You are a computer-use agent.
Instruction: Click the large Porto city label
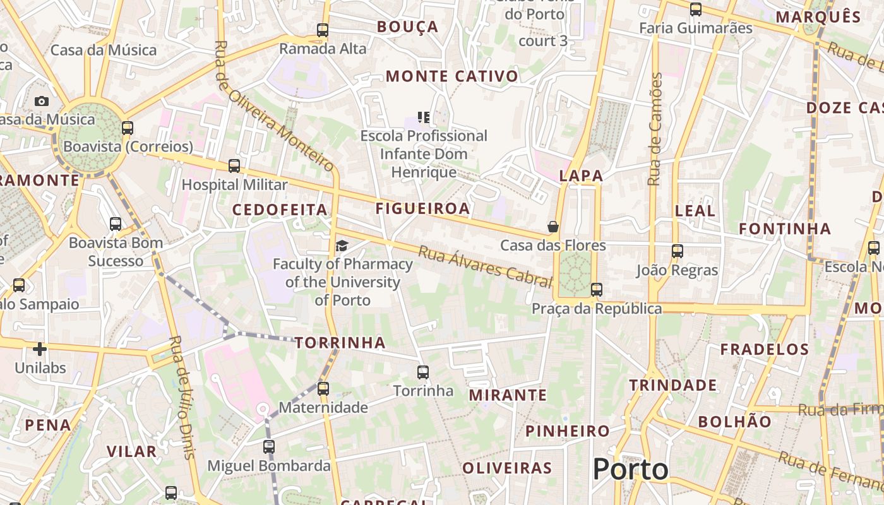(630, 470)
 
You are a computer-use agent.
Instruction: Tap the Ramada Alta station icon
(323, 30)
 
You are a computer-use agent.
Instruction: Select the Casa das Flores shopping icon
(553, 227)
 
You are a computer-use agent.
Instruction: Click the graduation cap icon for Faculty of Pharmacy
(342, 246)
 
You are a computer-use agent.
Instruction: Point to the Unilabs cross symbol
(40, 348)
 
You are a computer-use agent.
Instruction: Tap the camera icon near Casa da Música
(42, 101)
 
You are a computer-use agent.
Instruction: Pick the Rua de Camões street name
(655, 129)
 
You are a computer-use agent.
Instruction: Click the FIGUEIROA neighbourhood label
(422, 208)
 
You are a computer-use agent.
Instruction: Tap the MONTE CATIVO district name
(451, 76)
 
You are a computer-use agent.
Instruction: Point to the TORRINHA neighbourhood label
(340, 343)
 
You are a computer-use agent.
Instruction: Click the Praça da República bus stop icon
(596, 290)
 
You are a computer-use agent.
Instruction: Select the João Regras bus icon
(678, 251)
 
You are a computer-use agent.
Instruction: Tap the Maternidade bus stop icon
(323, 388)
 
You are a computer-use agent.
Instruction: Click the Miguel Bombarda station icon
(269, 447)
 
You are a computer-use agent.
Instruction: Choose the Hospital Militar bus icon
(234, 166)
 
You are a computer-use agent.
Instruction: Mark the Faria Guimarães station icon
(695, 9)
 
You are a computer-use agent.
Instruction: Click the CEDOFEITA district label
(280, 210)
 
